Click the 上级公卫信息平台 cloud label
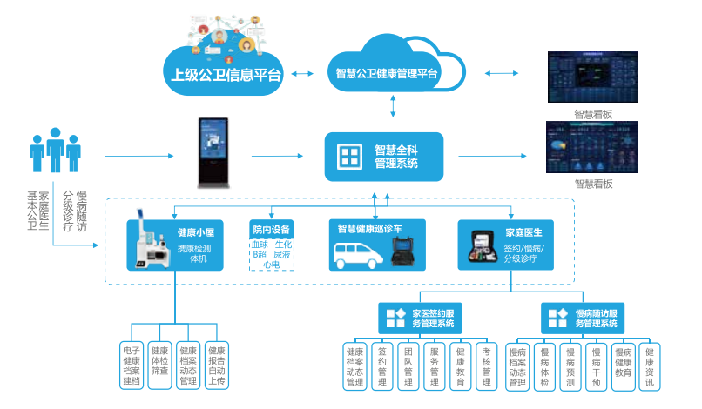click(x=225, y=75)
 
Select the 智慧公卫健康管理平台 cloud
click(x=387, y=74)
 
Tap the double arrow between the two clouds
click(x=302, y=75)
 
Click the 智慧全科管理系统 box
click(x=384, y=157)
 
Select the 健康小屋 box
click(x=172, y=245)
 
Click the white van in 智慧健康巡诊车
click(x=359, y=254)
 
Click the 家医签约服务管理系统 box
click(x=422, y=318)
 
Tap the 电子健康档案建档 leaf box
click(x=131, y=365)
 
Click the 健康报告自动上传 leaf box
click(x=217, y=365)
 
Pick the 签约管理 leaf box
click(x=381, y=365)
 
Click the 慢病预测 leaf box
click(x=570, y=365)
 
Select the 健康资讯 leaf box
click(x=650, y=365)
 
